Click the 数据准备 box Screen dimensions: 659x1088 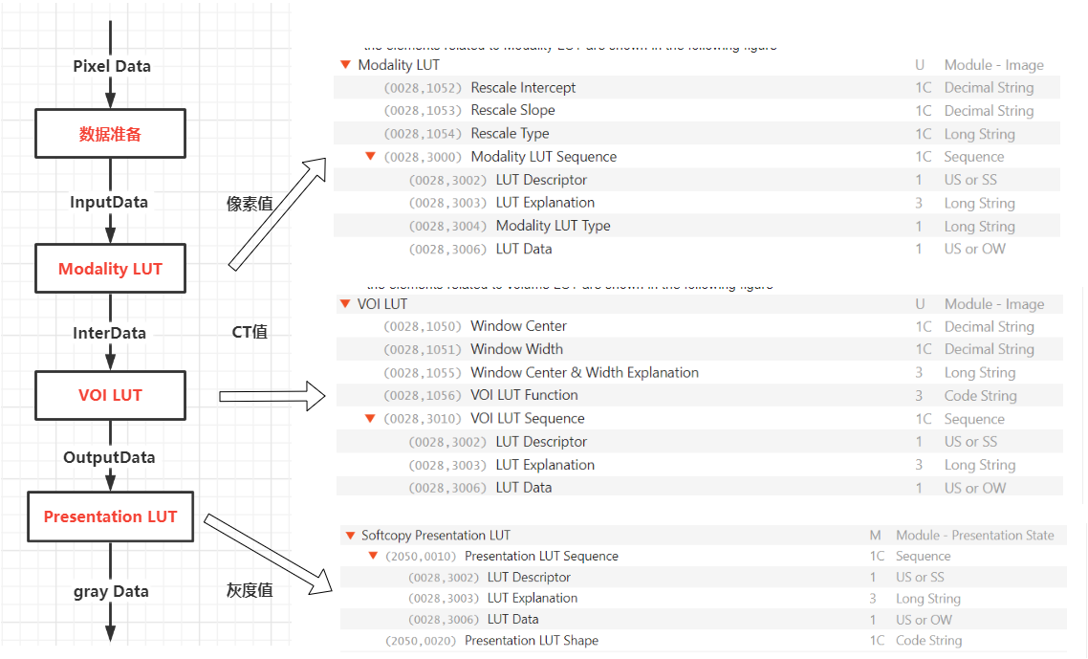[x=110, y=134]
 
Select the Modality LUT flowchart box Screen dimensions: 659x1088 [x=110, y=269]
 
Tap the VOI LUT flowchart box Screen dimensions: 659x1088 [x=110, y=395]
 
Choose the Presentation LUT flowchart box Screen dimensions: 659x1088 [x=110, y=516]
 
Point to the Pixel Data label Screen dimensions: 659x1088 [x=112, y=66]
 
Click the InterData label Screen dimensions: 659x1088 [x=109, y=333]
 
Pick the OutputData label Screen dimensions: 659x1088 [x=109, y=457]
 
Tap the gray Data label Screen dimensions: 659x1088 [x=111, y=591]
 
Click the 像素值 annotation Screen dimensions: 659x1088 [x=250, y=203]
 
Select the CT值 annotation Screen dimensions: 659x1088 [x=250, y=332]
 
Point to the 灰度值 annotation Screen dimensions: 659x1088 [x=250, y=590]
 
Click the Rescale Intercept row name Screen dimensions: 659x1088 [x=523, y=88]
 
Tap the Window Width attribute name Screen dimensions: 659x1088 [x=516, y=349]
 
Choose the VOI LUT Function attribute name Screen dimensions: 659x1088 [x=524, y=395]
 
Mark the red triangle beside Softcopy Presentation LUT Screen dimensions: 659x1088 [x=351, y=536]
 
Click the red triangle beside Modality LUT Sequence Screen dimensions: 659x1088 [x=370, y=157]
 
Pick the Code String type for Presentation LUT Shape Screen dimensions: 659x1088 [x=928, y=641]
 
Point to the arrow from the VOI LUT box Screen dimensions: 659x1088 [x=272, y=395]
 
